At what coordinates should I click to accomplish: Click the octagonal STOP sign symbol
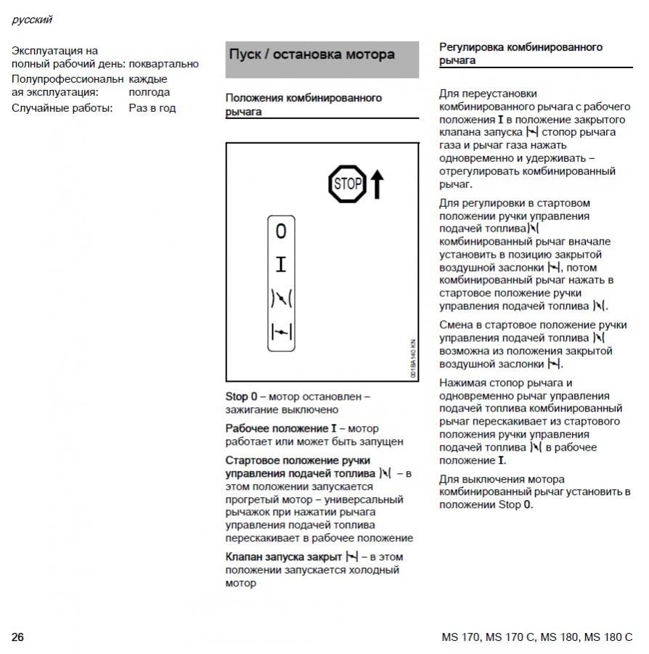(346, 183)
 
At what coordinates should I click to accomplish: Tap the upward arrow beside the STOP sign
(376, 184)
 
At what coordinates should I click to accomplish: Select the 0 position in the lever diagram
(281, 232)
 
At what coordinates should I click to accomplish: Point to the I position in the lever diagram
(281, 264)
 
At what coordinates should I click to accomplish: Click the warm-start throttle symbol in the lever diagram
(281, 298)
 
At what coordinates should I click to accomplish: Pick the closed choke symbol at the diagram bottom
(281, 332)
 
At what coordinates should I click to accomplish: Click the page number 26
(17, 637)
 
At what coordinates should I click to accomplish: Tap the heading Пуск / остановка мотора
(312, 54)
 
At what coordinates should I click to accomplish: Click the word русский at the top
(32, 20)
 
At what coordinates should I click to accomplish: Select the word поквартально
(163, 64)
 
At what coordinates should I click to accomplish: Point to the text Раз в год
(152, 108)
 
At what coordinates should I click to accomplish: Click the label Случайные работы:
(62, 108)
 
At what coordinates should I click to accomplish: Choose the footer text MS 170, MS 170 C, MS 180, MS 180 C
(536, 637)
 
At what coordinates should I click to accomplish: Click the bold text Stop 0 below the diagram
(241, 397)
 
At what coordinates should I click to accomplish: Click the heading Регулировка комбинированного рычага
(521, 54)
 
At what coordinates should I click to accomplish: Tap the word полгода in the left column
(149, 92)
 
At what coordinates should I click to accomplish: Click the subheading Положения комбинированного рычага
(303, 105)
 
